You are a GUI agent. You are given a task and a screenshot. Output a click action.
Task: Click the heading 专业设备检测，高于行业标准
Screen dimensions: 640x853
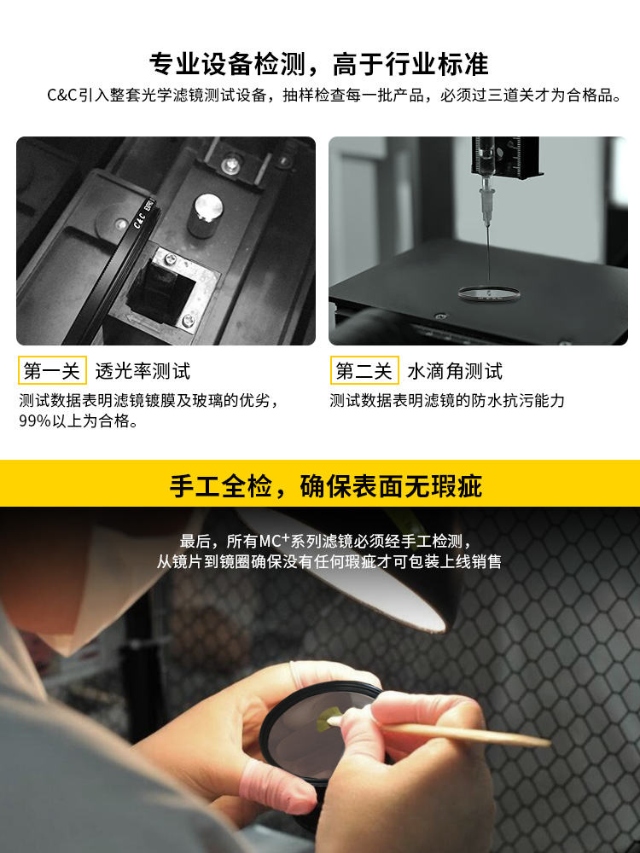(x=319, y=64)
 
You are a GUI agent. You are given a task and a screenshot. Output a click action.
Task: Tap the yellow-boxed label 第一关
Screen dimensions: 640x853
(x=52, y=371)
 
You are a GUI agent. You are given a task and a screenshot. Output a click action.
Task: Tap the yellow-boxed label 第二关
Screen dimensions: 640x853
(x=364, y=371)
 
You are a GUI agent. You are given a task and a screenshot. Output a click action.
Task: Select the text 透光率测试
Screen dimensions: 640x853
(x=143, y=372)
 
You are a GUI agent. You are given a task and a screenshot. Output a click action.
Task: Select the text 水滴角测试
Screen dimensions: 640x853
(x=455, y=372)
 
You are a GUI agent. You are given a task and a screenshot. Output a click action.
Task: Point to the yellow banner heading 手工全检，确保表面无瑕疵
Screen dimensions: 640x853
(x=326, y=486)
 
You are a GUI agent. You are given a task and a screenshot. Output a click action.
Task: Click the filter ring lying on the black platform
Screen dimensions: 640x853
(x=489, y=294)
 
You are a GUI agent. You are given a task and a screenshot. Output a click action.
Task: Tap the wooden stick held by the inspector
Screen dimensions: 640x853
(x=442, y=732)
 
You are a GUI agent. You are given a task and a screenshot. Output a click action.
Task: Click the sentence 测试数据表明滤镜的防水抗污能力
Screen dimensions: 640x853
(x=447, y=401)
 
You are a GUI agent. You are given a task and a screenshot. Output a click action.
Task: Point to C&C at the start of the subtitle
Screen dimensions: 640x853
(x=62, y=96)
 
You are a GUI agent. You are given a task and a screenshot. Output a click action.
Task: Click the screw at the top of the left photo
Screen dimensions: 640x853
(x=233, y=162)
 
